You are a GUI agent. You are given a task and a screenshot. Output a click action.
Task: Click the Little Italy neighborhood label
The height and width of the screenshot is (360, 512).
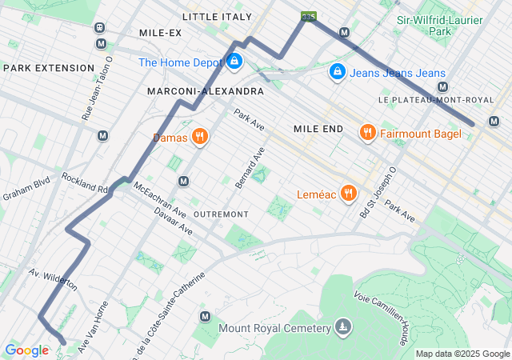pyautogui.click(x=217, y=16)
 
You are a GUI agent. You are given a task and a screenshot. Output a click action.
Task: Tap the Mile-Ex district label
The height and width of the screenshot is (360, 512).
pyautogui.click(x=160, y=33)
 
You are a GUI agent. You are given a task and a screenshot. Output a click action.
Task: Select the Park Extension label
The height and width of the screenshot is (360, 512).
pyautogui.click(x=49, y=68)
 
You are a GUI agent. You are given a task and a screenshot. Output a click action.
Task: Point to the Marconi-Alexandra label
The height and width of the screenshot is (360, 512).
pyautogui.click(x=206, y=92)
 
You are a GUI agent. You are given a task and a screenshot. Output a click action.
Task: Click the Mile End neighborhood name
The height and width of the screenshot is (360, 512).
pyautogui.click(x=318, y=129)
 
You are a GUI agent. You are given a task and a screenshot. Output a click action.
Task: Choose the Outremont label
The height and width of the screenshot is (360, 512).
pyautogui.click(x=221, y=214)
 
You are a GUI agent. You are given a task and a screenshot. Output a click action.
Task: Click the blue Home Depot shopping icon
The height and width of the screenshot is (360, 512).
pyautogui.click(x=234, y=61)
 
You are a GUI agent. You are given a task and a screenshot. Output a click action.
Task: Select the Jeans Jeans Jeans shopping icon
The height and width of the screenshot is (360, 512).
pyautogui.click(x=338, y=73)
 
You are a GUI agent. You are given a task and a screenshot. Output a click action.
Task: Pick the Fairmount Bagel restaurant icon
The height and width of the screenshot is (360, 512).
pyautogui.click(x=368, y=133)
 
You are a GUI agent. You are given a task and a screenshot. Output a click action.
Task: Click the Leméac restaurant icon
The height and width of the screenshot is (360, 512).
pyautogui.click(x=348, y=193)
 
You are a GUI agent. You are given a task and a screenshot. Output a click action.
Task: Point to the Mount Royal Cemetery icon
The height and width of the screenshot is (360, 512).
pyautogui.click(x=343, y=328)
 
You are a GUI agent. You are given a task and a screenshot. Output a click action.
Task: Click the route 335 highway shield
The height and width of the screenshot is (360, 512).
pyautogui.click(x=307, y=16)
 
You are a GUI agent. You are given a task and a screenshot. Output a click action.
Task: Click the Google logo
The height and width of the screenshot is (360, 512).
pyautogui.click(x=26, y=350)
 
